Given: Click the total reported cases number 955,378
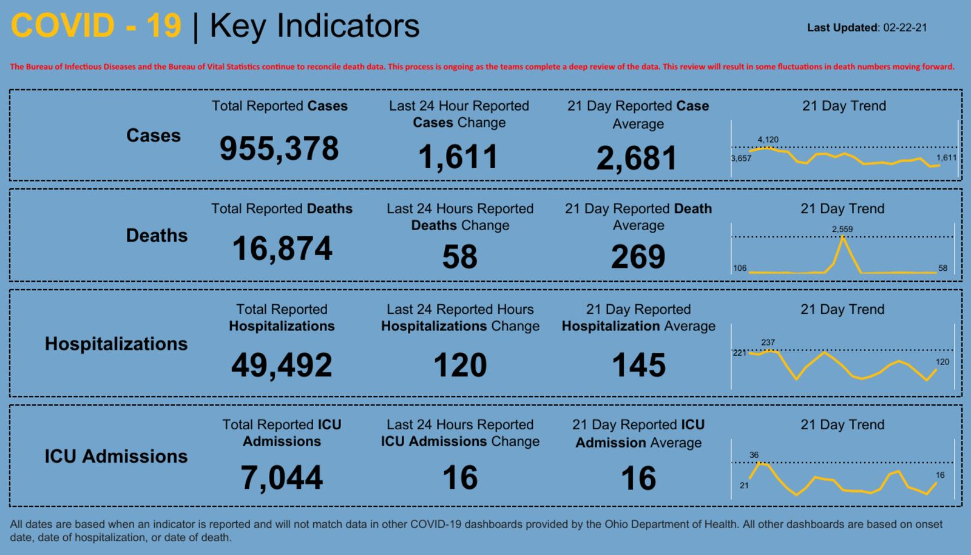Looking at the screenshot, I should tap(279, 149).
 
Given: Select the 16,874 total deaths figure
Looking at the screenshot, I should tap(282, 249).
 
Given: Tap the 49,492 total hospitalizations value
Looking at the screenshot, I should tap(282, 365).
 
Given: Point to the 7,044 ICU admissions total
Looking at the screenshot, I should tap(282, 477).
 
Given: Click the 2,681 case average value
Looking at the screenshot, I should tap(637, 158).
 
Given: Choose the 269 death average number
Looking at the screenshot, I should tap(638, 257).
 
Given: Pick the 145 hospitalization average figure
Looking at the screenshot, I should tap(638, 365).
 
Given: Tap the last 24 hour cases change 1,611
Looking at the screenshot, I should tap(458, 157).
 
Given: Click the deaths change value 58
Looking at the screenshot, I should tap(459, 257).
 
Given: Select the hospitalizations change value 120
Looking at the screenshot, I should tap(460, 365).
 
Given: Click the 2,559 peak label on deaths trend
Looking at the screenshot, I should tap(842, 229).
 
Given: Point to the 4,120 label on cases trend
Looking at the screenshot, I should tap(768, 140).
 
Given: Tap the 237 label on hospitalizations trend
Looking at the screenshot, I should tap(768, 342).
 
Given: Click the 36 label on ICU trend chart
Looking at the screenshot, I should tap(754, 455).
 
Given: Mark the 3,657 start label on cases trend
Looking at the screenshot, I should tap(741, 158).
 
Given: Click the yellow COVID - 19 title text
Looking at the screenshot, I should tap(96, 26).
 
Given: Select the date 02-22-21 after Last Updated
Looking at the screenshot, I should tap(905, 28).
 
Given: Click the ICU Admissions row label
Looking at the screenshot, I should tap(116, 456).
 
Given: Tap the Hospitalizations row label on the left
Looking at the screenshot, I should tap(116, 344).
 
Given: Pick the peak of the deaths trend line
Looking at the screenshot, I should tap(843, 237).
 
